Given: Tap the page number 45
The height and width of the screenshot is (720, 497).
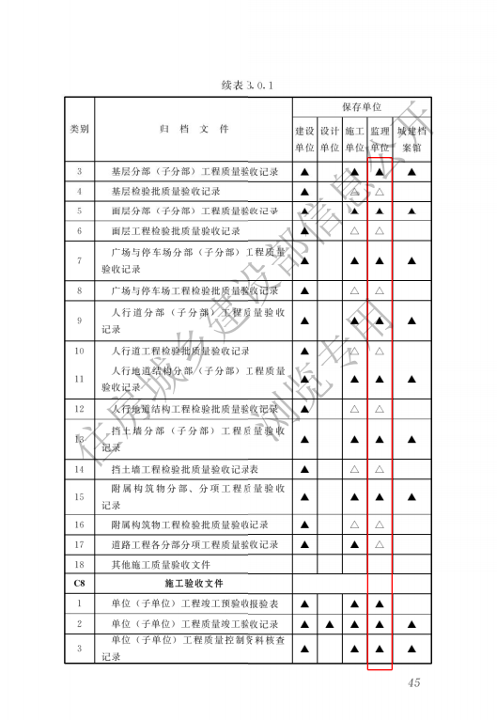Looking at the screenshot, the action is click(x=413, y=682).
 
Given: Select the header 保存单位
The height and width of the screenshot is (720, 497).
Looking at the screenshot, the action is click(x=361, y=108).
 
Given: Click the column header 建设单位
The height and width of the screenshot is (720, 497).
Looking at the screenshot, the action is click(x=304, y=139).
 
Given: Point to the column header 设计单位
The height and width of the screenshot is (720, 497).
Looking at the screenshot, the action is click(x=330, y=139).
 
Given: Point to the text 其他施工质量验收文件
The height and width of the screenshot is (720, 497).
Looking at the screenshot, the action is click(x=161, y=564).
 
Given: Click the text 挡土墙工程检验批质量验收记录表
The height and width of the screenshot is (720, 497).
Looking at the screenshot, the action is click(x=184, y=468).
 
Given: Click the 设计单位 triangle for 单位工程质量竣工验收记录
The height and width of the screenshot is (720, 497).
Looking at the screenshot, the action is click(x=330, y=624).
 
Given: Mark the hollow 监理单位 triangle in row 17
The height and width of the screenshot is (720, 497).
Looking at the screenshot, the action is click(x=380, y=544).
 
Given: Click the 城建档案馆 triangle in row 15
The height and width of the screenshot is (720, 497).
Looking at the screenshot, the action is click(x=412, y=496).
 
